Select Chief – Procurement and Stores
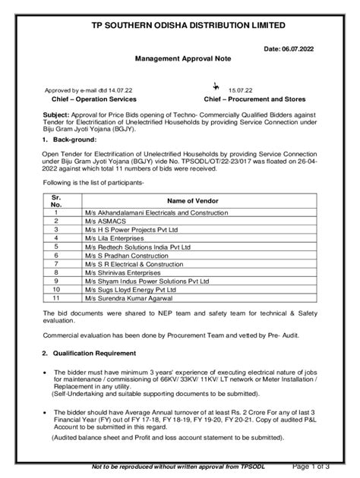pyautogui.click(x=255, y=99)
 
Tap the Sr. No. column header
pyautogui.click(x=55, y=200)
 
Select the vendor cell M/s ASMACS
pyautogui.click(x=101, y=220)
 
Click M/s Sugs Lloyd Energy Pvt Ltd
pyautogui.click(x=131, y=289)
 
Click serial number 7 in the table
pyautogui.click(x=55, y=263)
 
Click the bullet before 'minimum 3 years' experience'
pyautogui.click(x=47, y=373)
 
